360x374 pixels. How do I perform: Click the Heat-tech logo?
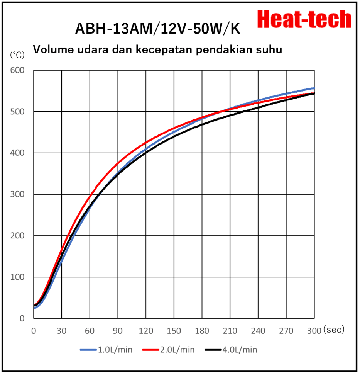point(304,19)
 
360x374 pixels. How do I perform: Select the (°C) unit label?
point(17,55)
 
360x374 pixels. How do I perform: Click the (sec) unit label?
point(334,330)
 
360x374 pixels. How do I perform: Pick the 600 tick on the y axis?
point(17,70)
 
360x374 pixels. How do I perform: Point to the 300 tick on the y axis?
point(17,194)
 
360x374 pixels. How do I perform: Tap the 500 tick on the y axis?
point(17,112)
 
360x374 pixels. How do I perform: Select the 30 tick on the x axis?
point(62,331)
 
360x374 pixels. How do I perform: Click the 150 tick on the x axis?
point(174,331)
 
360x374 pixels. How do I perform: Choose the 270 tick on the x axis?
point(286,331)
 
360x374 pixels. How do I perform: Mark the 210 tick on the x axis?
point(230,331)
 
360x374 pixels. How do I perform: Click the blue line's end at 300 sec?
point(314,88)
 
